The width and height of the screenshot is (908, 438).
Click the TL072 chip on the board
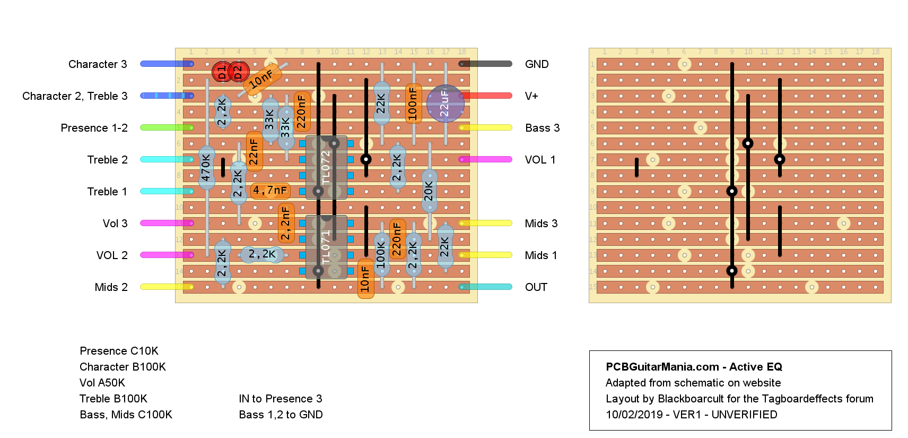pyautogui.click(x=326, y=167)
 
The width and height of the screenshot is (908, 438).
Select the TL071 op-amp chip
pyautogui.click(x=326, y=247)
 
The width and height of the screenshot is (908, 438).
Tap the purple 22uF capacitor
pyautogui.click(x=445, y=104)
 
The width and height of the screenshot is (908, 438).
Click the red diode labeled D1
pyautogui.click(x=222, y=72)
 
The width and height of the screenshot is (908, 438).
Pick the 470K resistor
pyautogui.click(x=206, y=168)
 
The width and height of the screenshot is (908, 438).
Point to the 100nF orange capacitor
pyautogui.click(x=413, y=104)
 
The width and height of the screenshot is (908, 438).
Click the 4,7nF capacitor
pyautogui.click(x=270, y=190)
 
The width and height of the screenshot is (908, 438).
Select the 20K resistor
pyautogui.click(x=429, y=191)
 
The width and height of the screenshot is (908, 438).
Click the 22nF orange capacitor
pyautogui.click(x=254, y=151)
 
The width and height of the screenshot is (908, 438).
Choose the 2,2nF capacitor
pyautogui.click(x=286, y=223)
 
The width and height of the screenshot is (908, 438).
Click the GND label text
pyautogui.click(x=537, y=64)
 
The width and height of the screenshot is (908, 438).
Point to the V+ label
pyautogui.click(x=531, y=96)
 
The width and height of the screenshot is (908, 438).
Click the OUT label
pyautogui.click(x=536, y=287)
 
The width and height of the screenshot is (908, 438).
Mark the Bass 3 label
pyautogui.click(x=542, y=128)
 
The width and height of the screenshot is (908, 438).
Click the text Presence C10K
pyautogui.click(x=119, y=351)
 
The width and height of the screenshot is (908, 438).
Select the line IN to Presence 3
pyautogui.click(x=281, y=399)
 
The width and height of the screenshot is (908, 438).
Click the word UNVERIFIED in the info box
pyautogui.click(x=744, y=415)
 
